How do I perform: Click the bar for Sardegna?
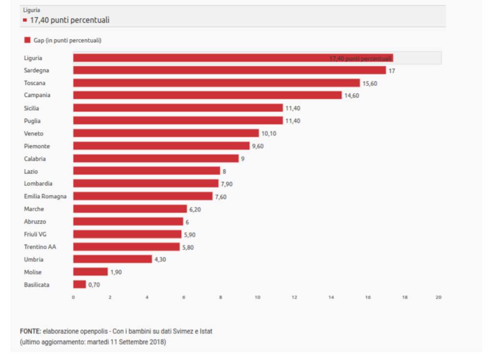tap(229, 71)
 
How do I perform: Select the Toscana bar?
tap(216, 83)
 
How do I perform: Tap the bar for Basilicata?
tap(79, 285)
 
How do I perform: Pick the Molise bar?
tap(90, 272)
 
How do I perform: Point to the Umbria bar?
tap(113, 259)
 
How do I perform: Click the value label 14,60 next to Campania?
tap(351, 96)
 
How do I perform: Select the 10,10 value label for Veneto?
tap(269, 134)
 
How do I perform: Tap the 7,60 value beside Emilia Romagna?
tap(221, 197)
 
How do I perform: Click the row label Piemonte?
tap(37, 146)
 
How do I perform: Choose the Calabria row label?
tap(35, 159)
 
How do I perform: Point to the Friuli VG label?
tap(35, 234)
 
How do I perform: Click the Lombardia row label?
tap(38, 184)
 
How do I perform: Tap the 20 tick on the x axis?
tap(439, 297)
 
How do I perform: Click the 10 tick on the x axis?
tap(257, 297)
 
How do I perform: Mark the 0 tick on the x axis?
tap(73, 297)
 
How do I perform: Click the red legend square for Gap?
tap(27, 40)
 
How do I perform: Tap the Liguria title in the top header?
tap(31, 10)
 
